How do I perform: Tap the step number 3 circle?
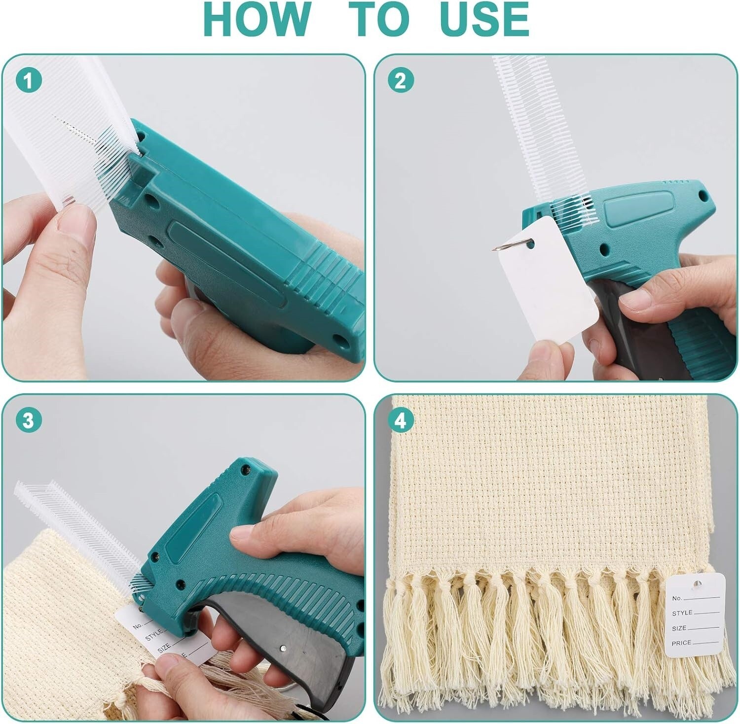29,420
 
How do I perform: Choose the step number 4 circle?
401,420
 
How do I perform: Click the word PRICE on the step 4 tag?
681,643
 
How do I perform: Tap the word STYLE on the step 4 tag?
682,613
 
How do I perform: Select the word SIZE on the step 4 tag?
679,628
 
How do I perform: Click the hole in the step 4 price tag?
696,584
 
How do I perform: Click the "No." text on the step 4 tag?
677,598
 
